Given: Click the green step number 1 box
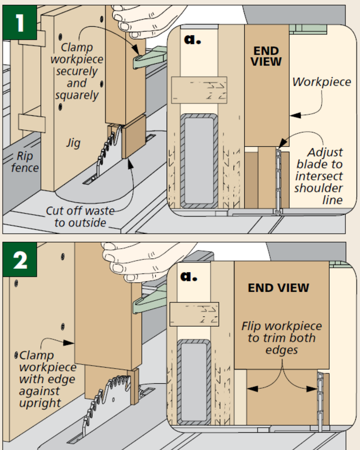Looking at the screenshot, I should click(19, 23).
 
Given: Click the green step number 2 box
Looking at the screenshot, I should click(19, 260).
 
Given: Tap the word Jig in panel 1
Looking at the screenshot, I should click(73, 143).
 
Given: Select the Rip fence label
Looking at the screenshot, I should click(25, 162).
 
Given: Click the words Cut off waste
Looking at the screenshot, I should click(80, 211).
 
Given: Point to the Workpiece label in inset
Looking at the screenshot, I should click(322, 82).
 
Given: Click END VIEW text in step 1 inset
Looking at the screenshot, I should click(266, 56).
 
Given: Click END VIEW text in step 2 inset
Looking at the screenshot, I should click(278, 288).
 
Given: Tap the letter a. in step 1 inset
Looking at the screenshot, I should click(192, 39).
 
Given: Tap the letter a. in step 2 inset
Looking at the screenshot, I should click(189, 276).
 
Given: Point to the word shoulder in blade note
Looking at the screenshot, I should click(318, 188).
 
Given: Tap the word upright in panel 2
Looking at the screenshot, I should click(40, 403).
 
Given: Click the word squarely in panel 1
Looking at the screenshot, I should click(77, 95).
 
